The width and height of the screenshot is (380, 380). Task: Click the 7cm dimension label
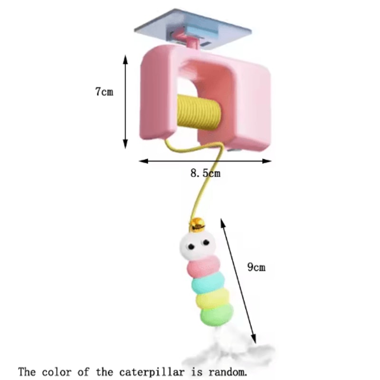click(104, 92)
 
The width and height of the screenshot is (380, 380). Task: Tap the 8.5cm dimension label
click(206, 173)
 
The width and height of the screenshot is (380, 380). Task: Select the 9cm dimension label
click(256, 267)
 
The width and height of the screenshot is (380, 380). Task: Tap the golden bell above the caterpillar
click(197, 225)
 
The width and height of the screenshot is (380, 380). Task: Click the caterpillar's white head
click(198, 245)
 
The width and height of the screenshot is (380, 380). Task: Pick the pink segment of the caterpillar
click(204, 266)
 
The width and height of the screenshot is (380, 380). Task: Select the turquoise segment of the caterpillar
click(208, 283)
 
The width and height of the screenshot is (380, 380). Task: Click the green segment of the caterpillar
click(217, 314)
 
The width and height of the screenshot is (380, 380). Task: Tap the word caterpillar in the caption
click(152, 372)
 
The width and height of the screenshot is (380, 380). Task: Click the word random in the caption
click(228, 372)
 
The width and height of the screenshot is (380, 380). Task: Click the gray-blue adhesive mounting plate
click(193, 29)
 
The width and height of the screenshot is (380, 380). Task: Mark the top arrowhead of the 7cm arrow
click(125, 59)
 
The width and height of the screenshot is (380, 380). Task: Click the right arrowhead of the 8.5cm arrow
click(267, 161)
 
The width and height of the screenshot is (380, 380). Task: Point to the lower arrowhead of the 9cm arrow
click(253, 339)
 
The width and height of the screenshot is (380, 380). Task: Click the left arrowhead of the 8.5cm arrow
click(143, 161)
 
